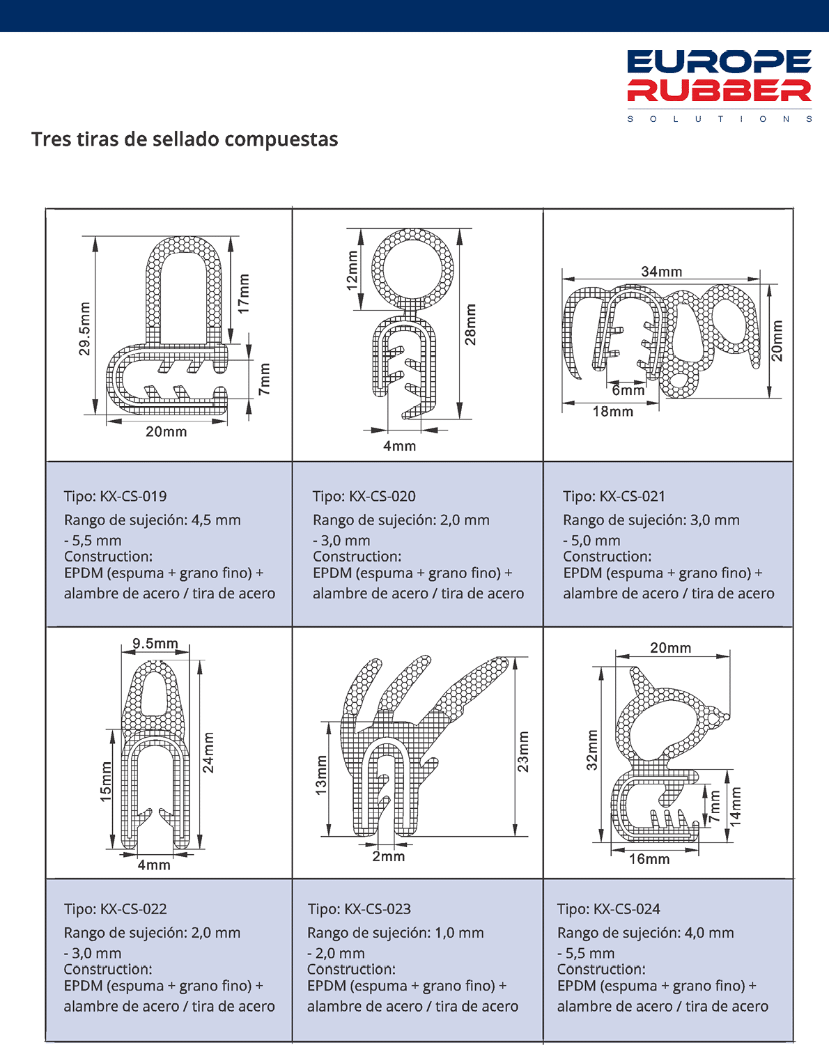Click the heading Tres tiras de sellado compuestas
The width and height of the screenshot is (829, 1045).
[185, 139]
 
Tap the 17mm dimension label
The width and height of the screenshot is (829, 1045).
[243, 293]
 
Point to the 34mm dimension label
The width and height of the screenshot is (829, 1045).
[661, 272]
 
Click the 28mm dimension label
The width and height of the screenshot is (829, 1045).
[471, 325]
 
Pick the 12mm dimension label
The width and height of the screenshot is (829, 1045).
[352, 270]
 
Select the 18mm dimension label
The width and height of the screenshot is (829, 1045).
[612, 412]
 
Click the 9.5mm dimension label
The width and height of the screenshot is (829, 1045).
[155, 643]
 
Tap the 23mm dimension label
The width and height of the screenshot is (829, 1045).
[523, 751]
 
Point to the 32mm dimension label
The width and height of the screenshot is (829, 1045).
[592, 750]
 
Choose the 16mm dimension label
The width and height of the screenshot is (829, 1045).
[649, 859]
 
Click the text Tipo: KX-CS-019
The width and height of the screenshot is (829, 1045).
[116, 497]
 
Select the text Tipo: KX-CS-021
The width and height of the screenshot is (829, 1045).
[614, 497]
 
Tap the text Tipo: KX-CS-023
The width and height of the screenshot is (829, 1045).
[359, 909]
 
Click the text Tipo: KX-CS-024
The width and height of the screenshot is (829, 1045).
[609, 909]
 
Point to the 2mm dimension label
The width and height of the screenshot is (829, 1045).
[388, 856]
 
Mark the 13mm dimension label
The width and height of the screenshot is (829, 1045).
[321, 775]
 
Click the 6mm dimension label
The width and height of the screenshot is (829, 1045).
[628, 390]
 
